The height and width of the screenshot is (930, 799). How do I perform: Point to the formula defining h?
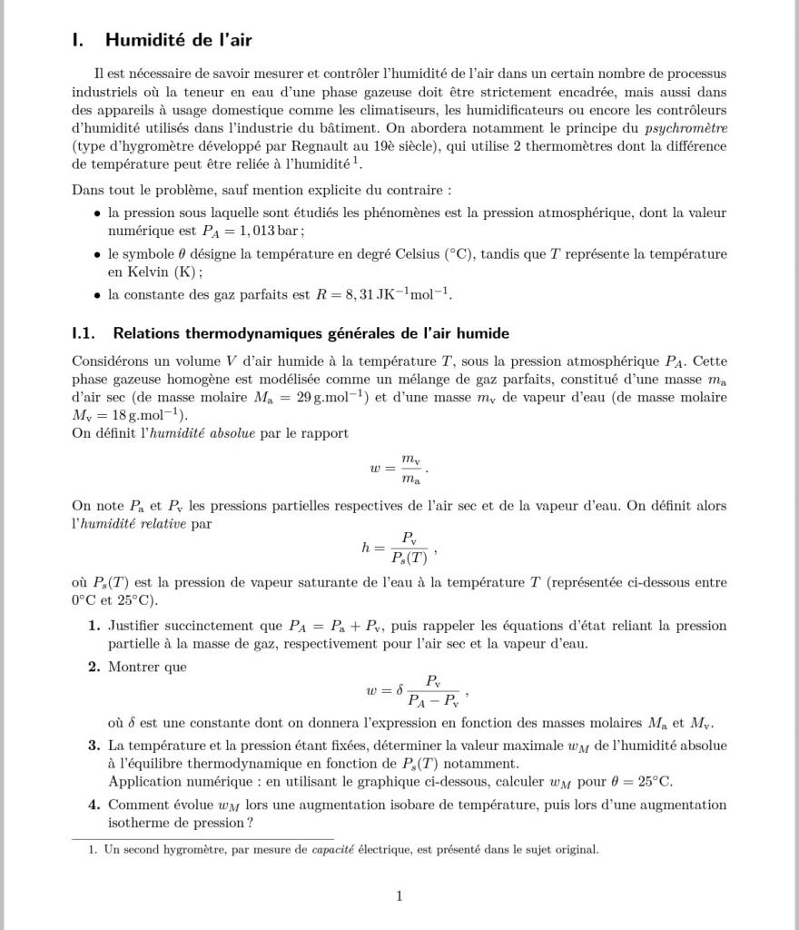coord(399,548)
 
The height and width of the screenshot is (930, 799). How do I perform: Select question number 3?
coord(94,746)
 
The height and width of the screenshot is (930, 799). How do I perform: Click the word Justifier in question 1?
coord(139,626)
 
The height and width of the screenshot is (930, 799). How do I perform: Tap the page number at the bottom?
coord(399,896)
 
